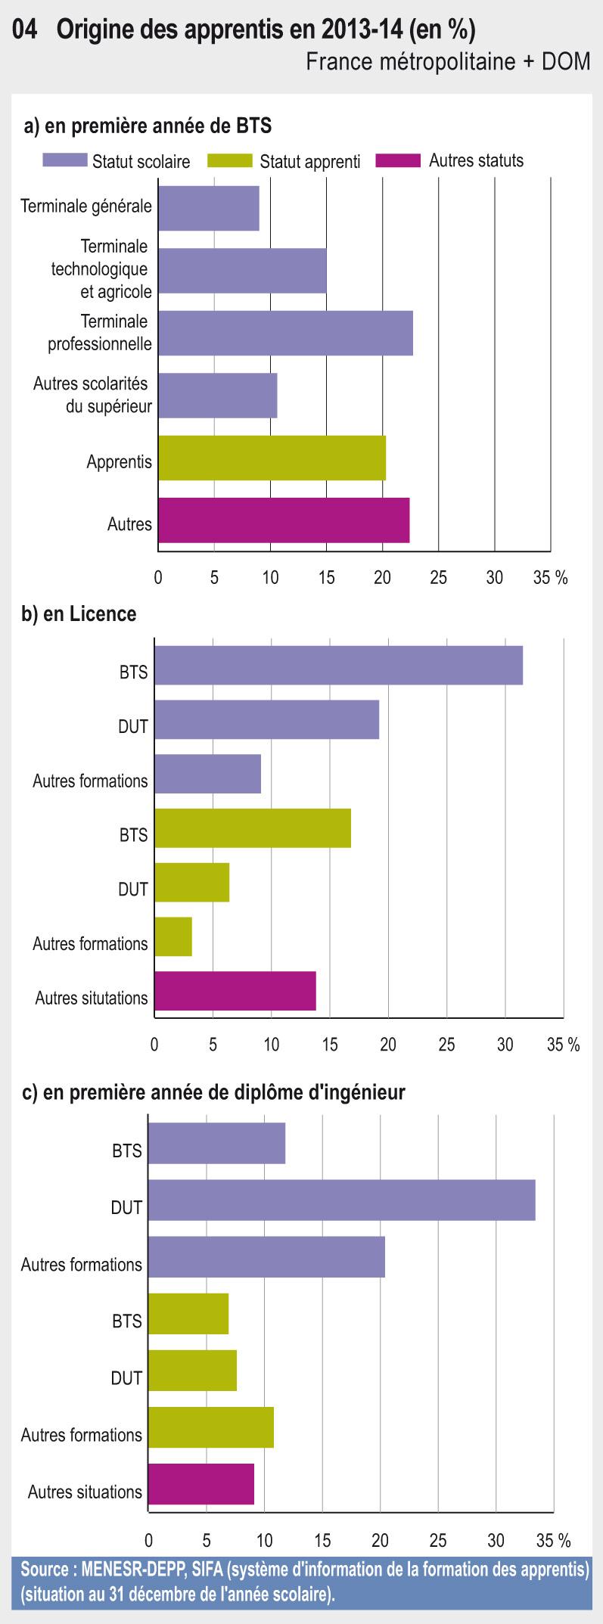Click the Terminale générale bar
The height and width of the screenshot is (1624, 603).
pyautogui.click(x=208, y=208)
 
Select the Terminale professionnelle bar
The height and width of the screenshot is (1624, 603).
pyautogui.click(x=285, y=333)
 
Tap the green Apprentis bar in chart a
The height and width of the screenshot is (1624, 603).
pyautogui.click(x=272, y=458)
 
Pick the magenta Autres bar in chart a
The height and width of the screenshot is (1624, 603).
pyautogui.click(x=284, y=520)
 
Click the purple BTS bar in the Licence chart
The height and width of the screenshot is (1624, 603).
pyautogui.click(x=338, y=665)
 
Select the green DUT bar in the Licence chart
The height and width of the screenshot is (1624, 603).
pyautogui.click(x=191, y=882)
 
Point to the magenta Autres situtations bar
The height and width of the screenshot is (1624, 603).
pyautogui.click(x=235, y=991)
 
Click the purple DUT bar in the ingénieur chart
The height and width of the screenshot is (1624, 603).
pyautogui.click(x=341, y=1200)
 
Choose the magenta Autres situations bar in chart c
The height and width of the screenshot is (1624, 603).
pyautogui.click(x=200, y=1484)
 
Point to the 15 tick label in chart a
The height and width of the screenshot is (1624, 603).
pyautogui.click(x=326, y=578)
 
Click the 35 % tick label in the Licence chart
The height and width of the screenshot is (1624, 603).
pyautogui.click(x=563, y=1045)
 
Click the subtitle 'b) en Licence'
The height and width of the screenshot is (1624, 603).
pyautogui.click(x=79, y=613)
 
